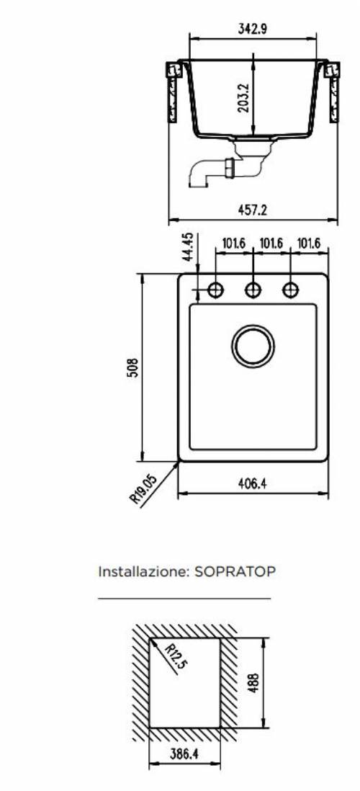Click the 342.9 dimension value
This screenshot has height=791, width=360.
pos(253,30)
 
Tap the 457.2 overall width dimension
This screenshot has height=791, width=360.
pos(253,210)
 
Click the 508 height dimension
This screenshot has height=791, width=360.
pos(133,367)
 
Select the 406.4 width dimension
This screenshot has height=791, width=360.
pos(253,484)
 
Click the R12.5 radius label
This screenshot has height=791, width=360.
pos(173,657)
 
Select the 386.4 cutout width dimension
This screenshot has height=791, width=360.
pos(184,756)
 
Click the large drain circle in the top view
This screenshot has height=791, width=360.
pos(253,347)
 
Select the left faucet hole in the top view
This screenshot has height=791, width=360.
pos(215,290)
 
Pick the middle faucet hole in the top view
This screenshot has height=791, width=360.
pos(253,290)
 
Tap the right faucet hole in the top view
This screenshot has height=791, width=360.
pos(290,290)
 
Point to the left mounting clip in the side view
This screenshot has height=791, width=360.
pos(173,90)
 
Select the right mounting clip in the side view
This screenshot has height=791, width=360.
pos(333,90)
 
